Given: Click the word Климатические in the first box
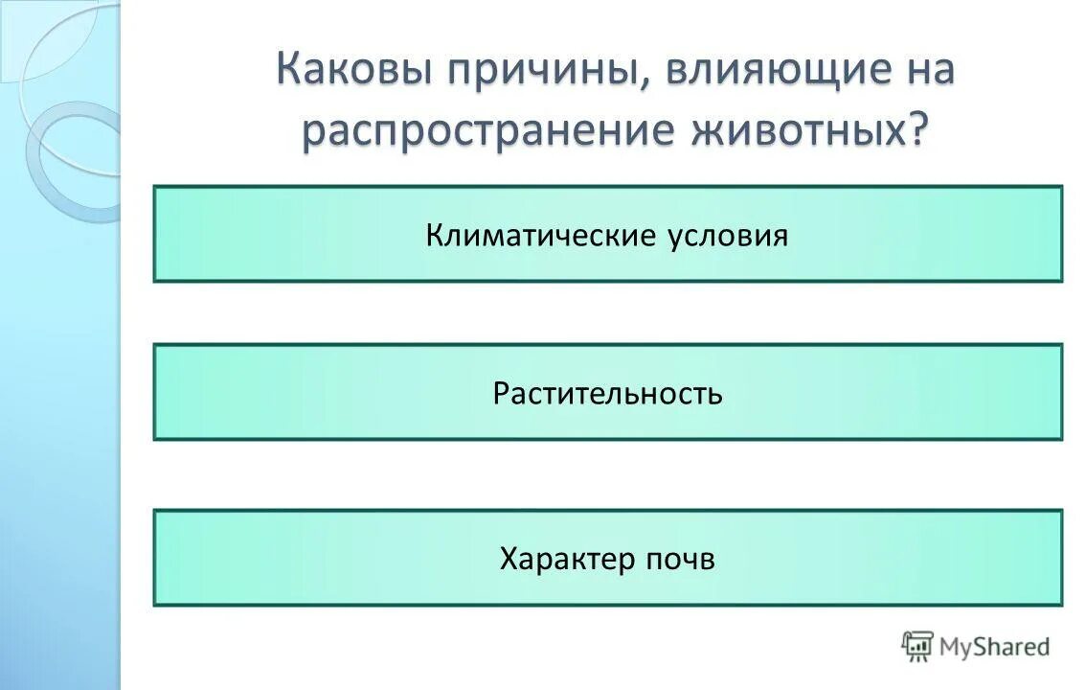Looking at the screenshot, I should (541, 235).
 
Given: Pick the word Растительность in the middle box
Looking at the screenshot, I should (607, 393).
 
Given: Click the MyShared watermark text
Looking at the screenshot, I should (994, 647).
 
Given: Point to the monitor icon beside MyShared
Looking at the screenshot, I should (917, 646).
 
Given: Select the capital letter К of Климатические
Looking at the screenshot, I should (434, 235).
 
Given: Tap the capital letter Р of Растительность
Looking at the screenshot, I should (500, 394).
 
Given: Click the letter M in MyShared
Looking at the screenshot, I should (950, 647).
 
